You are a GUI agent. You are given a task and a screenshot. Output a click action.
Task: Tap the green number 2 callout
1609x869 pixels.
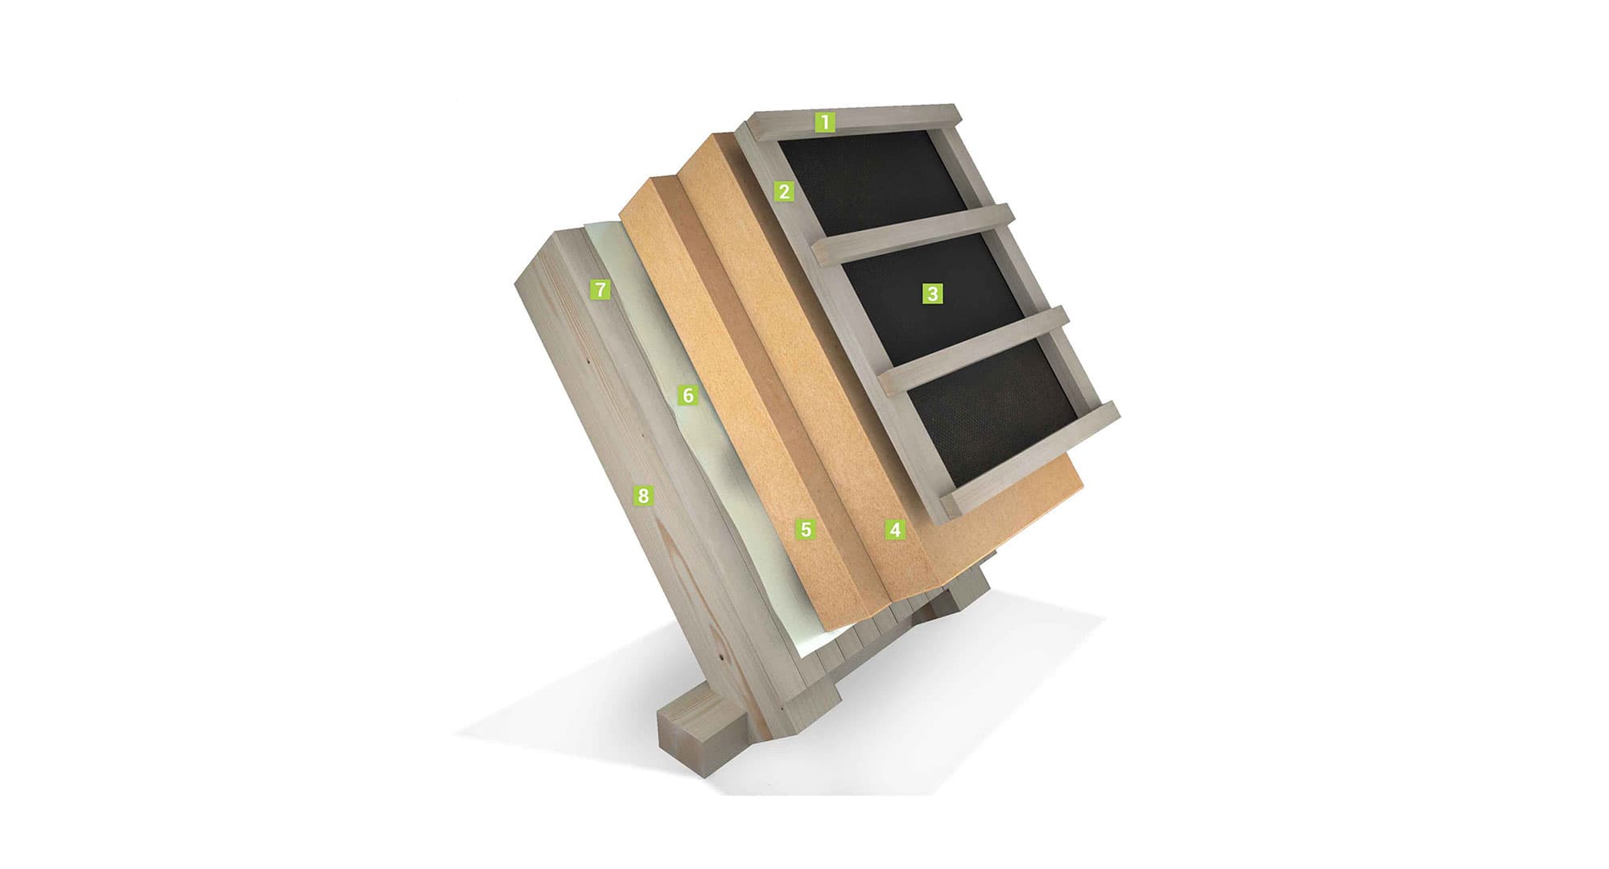tap(783, 192)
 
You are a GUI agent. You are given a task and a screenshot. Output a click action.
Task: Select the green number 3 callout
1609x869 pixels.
tap(932, 294)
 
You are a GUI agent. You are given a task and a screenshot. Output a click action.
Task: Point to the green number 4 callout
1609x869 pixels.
tap(894, 529)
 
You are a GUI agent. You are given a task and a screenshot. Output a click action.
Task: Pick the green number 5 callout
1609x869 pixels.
tap(805, 529)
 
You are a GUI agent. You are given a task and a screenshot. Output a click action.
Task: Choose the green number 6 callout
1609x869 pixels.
tap(687, 395)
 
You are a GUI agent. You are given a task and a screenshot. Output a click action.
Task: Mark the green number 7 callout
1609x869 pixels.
tap(600, 289)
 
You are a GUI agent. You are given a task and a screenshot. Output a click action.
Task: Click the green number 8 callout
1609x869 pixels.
tap(642, 496)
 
